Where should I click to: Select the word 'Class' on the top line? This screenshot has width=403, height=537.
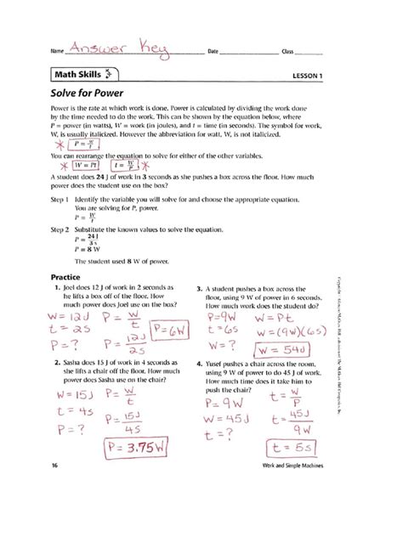point(288,52)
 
